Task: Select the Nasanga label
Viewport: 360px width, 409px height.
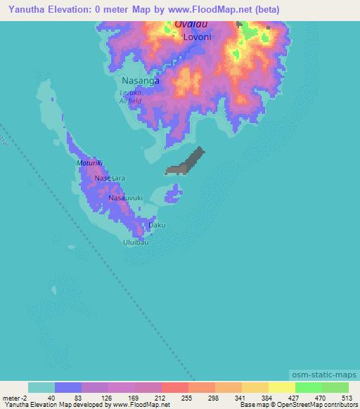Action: tap(141, 81)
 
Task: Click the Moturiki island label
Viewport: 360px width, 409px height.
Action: tap(90, 162)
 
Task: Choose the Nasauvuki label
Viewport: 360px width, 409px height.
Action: tap(126, 199)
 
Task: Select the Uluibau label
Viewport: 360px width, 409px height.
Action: tap(136, 242)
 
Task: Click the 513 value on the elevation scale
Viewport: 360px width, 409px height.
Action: tap(346, 398)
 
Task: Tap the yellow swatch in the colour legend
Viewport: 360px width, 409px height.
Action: tap(281, 387)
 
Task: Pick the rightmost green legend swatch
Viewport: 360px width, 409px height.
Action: tap(335, 387)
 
